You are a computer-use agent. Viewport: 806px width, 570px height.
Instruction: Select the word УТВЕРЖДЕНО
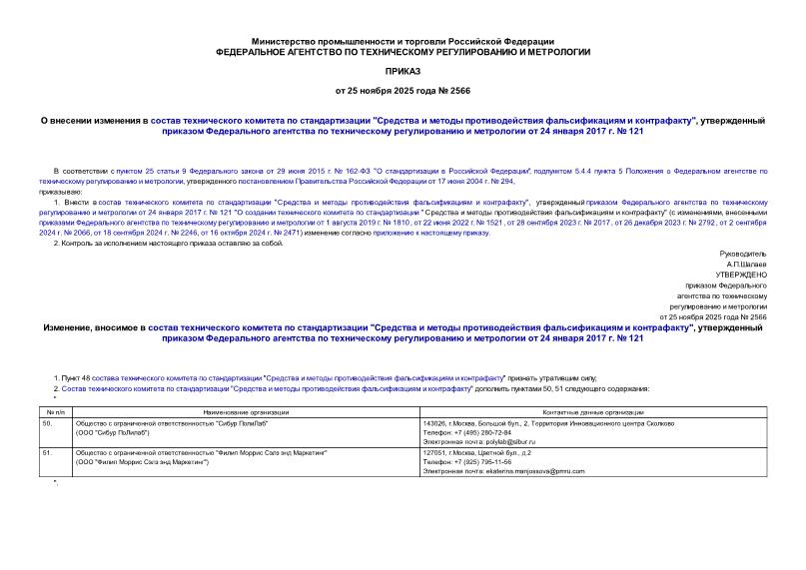741,273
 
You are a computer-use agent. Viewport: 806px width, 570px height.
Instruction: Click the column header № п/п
54,411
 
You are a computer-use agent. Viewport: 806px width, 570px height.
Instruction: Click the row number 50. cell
47,423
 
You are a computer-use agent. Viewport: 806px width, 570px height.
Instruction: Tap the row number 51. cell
47,452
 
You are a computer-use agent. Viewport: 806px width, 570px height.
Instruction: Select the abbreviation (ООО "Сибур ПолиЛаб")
112,432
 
